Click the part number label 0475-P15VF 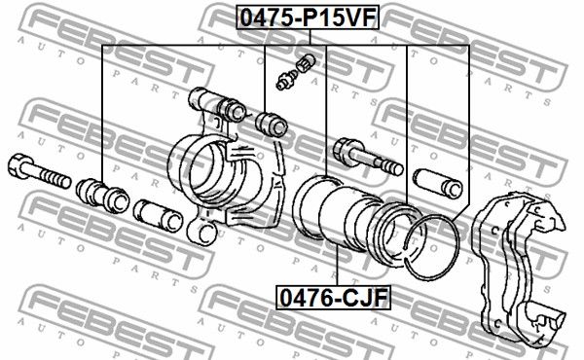tap(308, 18)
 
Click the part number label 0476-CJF tap(333, 298)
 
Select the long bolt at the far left tap(39, 171)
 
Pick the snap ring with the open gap tap(432, 247)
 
